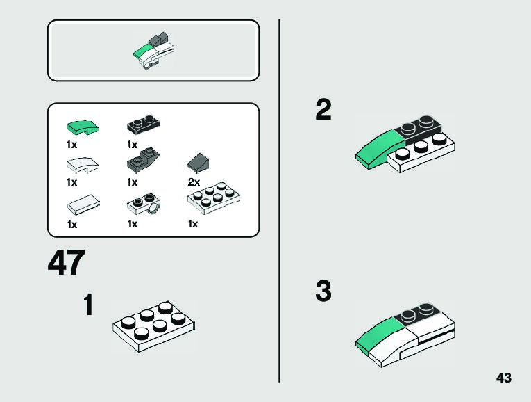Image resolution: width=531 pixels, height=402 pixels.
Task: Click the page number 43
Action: pyautogui.click(x=504, y=378)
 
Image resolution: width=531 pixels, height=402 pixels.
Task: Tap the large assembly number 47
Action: pyautogui.click(x=67, y=264)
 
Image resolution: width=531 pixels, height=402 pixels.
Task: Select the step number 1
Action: pyautogui.click(x=88, y=305)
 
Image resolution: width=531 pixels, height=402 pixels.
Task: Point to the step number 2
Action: pyautogui.click(x=323, y=110)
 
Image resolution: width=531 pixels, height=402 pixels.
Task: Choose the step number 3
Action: pyautogui.click(x=323, y=291)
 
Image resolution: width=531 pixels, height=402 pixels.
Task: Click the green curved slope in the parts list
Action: pyautogui.click(x=83, y=127)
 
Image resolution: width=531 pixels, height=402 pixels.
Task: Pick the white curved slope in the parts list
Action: pyautogui.click(x=82, y=165)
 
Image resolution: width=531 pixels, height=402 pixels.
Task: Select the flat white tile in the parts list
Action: pyautogui.click(x=83, y=204)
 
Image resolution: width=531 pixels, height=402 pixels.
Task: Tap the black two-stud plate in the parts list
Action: pyautogui.click(x=144, y=125)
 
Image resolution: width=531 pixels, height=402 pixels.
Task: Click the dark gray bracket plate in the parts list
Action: pyautogui.click(x=144, y=162)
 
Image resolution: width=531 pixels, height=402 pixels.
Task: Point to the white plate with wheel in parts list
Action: pyautogui.click(x=144, y=204)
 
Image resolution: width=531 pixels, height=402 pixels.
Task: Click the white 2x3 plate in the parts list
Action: pyautogui.click(x=214, y=198)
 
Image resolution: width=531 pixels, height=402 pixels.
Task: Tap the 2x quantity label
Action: pyautogui.click(x=194, y=182)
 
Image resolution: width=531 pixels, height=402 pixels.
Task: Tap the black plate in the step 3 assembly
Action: pyautogui.click(x=417, y=314)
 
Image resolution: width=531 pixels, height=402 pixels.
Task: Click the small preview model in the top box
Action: pyautogui.click(x=155, y=51)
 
